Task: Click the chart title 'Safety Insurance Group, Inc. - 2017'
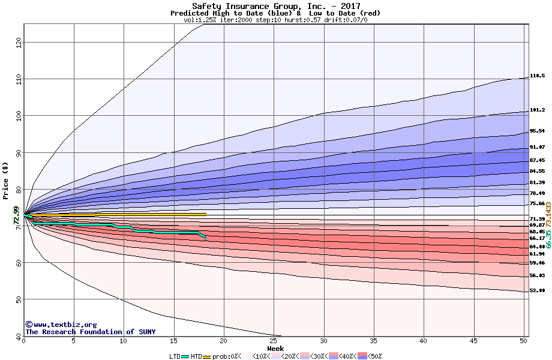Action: point(275,6)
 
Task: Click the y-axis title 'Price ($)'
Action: point(6,181)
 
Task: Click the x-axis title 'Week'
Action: point(275,349)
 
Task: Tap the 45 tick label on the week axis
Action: point(473,341)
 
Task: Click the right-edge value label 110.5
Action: point(537,76)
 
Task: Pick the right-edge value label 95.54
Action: point(537,131)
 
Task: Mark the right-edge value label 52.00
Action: point(537,291)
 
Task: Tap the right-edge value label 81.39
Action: point(537,182)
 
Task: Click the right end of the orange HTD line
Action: point(206,214)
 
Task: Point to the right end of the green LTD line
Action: point(206,239)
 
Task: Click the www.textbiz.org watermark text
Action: point(61,325)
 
